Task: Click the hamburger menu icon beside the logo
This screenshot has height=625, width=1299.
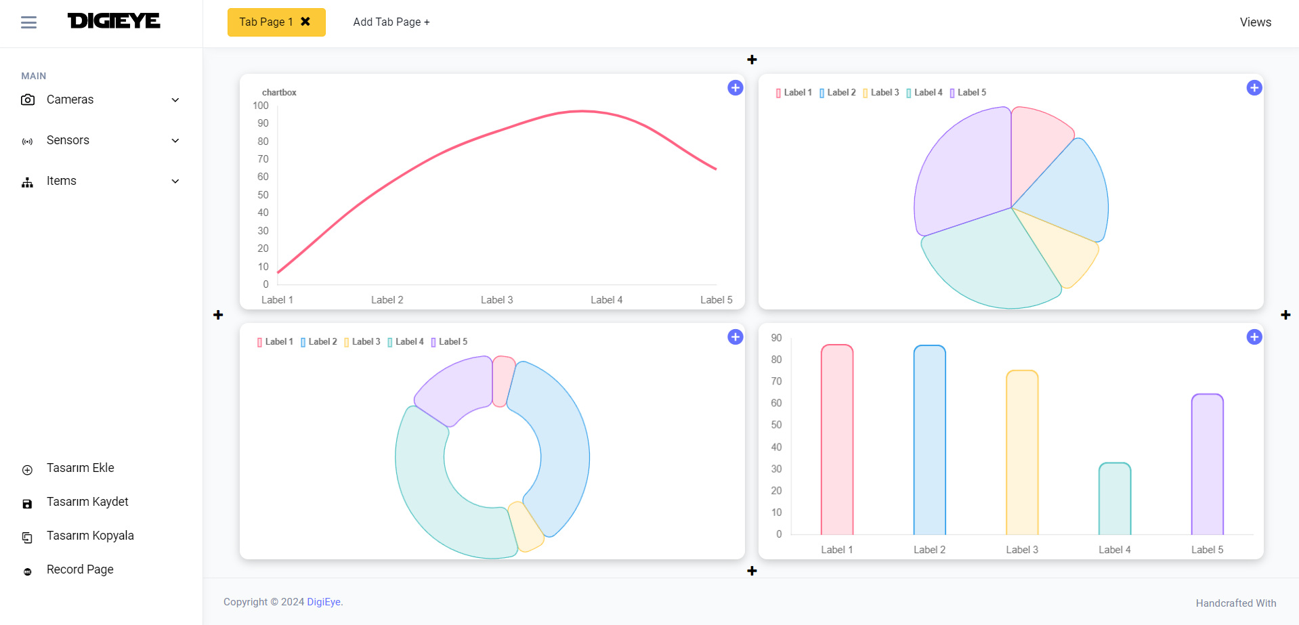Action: point(28,22)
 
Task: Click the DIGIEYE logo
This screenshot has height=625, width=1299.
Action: point(114,21)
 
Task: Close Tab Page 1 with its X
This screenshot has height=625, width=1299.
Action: point(305,22)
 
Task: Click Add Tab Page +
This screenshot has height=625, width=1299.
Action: point(391,22)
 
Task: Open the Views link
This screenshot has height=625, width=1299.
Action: point(1255,22)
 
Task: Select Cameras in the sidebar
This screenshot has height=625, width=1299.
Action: point(70,100)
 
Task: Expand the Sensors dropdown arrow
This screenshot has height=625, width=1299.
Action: point(175,141)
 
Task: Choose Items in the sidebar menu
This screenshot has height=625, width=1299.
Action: point(61,181)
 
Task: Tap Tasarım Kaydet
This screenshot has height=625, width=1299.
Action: point(87,502)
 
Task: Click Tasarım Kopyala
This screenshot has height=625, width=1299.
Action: point(90,536)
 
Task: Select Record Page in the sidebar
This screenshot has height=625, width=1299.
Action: point(80,569)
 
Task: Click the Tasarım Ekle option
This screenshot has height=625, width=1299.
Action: point(80,468)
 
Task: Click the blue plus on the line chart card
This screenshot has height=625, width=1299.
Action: point(735,88)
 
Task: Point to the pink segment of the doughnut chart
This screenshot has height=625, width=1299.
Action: point(503,381)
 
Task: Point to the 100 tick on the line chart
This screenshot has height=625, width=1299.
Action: point(261,106)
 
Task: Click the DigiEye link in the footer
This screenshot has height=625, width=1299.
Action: point(323,602)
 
